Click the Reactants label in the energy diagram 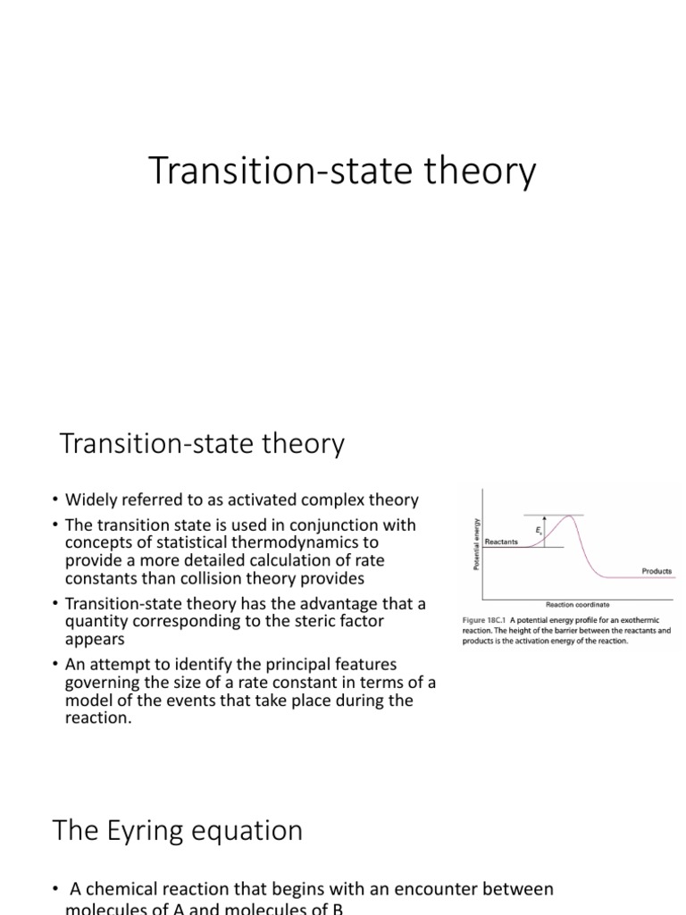501,541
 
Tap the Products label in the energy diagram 657,571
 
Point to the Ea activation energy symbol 539,531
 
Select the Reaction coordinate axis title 578,604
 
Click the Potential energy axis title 476,543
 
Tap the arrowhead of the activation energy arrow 546,518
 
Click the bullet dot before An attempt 54,665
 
